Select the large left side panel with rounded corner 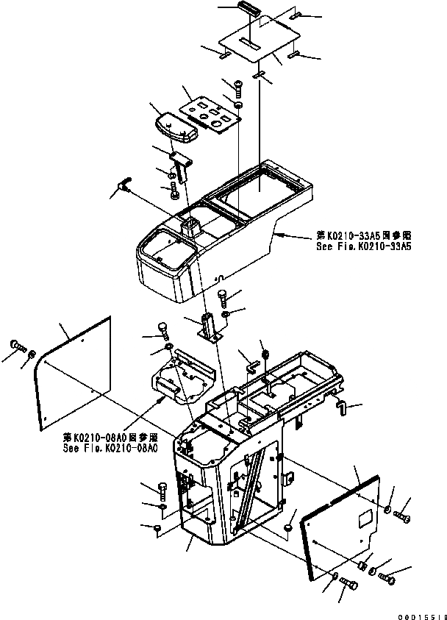tap(74, 375)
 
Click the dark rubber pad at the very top tap(246, 8)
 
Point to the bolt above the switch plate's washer tap(237, 90)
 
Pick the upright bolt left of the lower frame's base tap(163, 488)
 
